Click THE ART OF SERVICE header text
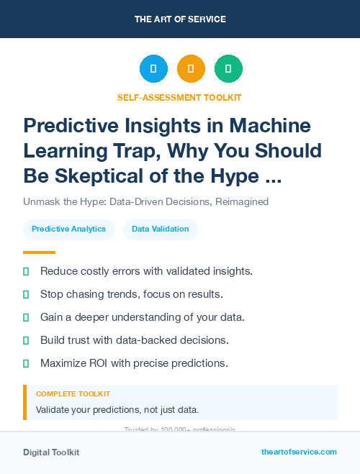click(179, 19)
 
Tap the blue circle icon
click(153, 69)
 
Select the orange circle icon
click(191, 69)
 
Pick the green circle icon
click(228, 69)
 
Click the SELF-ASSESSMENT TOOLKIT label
click(179, 97)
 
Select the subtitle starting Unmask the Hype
click(145, 201)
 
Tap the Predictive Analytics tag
click(69, 229)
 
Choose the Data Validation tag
click(160, 229)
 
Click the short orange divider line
click(39, 252)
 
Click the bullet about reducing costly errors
click(146, 271)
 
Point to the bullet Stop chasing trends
click(132, 294)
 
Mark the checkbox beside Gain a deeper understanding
click(26, 317)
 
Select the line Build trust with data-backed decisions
click(135, 340)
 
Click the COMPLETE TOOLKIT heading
click(73, 394)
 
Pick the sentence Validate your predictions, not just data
click(117, 410)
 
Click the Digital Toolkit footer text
click(51, 452)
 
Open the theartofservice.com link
click(299, 452)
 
